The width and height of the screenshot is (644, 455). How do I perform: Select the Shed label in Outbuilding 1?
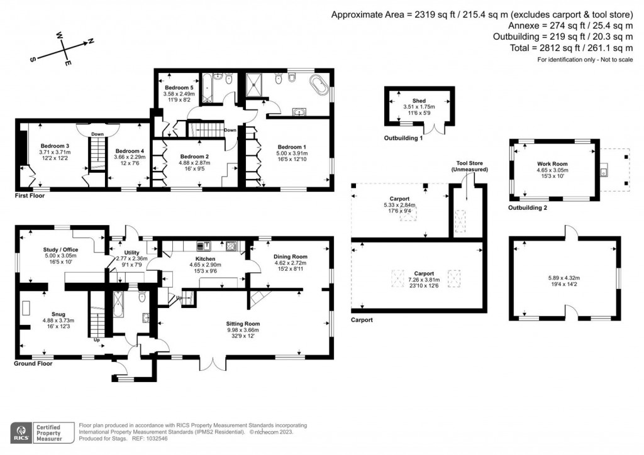419,101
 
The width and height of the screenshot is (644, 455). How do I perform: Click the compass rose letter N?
91,41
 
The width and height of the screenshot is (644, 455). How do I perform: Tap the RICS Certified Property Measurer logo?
40,432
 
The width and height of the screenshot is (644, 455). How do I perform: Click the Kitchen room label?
206,259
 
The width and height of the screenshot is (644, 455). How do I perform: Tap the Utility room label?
130,251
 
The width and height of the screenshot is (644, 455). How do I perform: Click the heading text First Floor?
30,197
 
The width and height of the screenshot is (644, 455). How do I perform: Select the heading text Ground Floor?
33,363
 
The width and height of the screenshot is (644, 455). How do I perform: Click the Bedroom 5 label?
177,87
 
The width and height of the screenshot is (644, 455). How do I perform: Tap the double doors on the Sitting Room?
211,363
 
